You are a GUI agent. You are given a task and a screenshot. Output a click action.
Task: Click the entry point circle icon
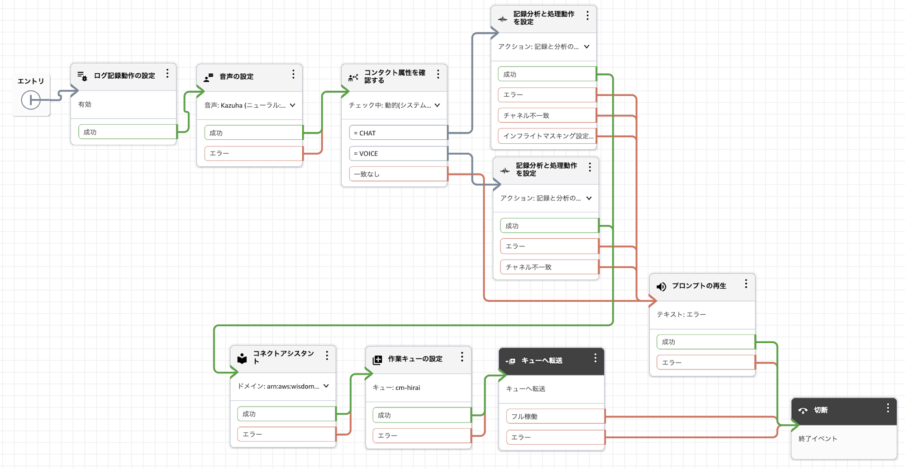(31, 100)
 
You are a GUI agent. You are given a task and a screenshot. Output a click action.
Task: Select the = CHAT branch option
(398, 133)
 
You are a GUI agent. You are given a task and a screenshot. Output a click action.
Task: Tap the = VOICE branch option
(398, 153)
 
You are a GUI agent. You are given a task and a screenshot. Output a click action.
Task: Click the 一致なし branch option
(398, 174)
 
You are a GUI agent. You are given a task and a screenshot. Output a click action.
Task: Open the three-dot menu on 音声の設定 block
(293, 74)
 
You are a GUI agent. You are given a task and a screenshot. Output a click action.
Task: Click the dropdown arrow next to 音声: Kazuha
(292, 105)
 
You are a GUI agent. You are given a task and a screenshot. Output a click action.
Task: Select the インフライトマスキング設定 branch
(547, 136)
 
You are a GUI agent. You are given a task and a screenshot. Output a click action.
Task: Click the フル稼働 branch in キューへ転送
(555, 417)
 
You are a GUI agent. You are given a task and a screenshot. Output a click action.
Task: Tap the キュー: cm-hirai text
(396, 388)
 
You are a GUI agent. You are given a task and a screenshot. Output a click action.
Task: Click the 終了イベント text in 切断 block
(818, 438)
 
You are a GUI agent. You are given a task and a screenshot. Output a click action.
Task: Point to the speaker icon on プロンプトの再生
(661, 287)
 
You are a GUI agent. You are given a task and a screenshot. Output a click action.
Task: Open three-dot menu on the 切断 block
(888, 408)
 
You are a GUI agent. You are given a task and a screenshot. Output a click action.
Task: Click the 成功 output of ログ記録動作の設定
(127, 132)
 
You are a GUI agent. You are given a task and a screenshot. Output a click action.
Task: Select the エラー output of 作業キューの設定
(421, 436)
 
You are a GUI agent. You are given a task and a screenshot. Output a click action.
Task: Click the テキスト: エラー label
(681, 314)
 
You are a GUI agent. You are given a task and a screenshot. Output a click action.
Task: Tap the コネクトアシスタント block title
(283, 357)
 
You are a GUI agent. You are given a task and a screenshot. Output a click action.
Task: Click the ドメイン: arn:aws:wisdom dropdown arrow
(326, 386)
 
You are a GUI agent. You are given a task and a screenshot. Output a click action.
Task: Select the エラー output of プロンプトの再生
(705, 363)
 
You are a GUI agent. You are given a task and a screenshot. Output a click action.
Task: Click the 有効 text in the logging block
(85, 104)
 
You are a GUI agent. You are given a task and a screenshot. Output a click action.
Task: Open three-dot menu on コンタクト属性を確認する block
(438, 74)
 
